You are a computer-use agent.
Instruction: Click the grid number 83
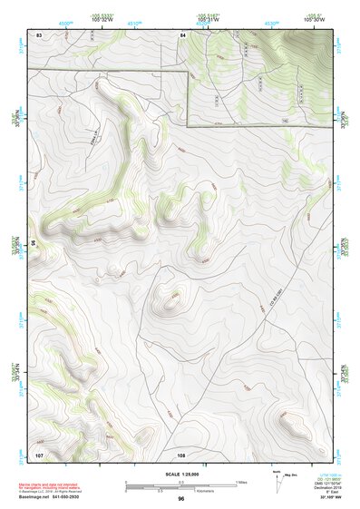[x=39, y=34]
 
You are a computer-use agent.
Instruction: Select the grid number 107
[x=39, y=453]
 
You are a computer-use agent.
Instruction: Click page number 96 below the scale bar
[x=181, y=499]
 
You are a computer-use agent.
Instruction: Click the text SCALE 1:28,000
[x=181, y=473]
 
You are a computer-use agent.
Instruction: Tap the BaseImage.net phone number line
[x=63, y=495]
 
